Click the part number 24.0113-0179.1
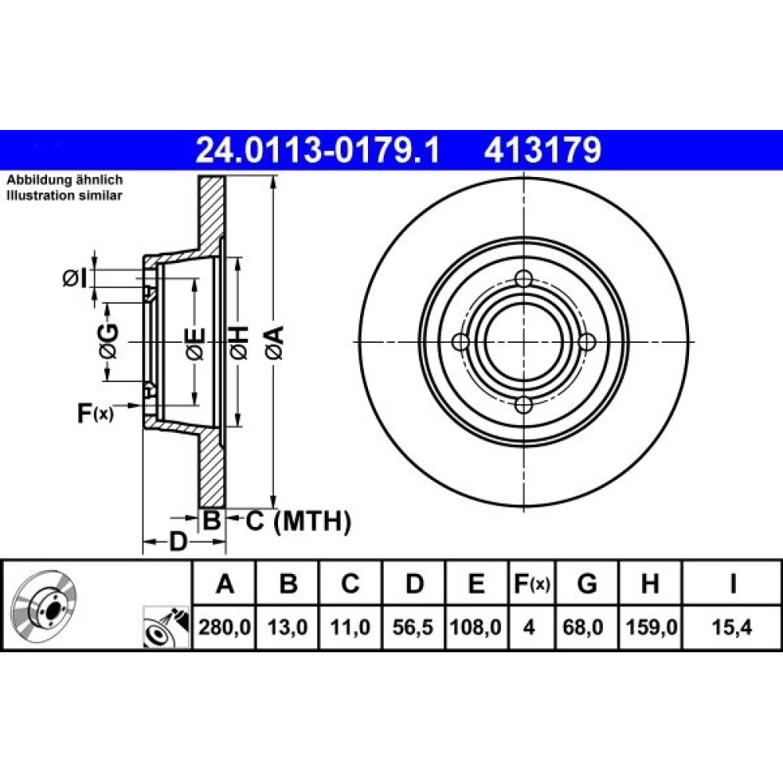coord(318,150)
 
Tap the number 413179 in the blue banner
coord(543,150)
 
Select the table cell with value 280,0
coord(224,626)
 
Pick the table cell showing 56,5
coord(413,626)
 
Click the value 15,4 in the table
coord(731,626)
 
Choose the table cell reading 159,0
coord(651,626)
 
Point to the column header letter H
coord(650,583)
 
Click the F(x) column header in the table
coord(532,583)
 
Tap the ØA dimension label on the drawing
coord(275,343)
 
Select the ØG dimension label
coord(110,341)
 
